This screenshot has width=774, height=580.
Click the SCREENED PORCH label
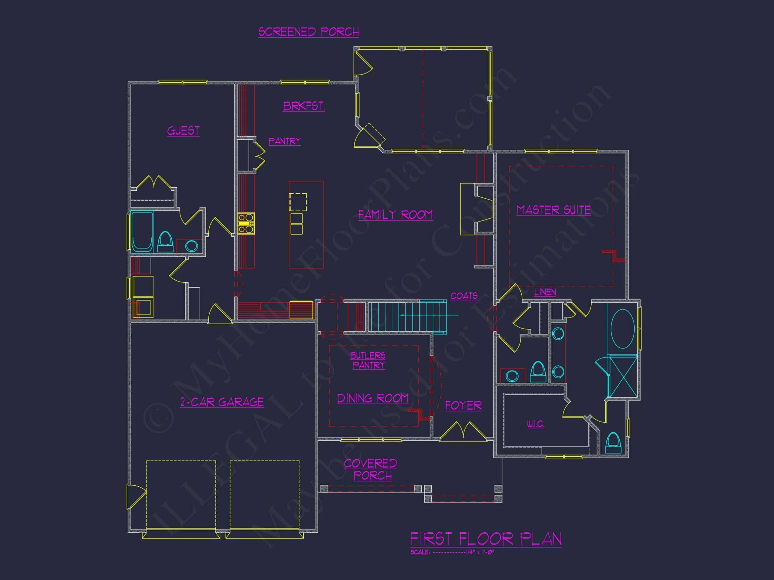click(309, 32)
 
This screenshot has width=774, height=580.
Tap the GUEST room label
click(183, 131)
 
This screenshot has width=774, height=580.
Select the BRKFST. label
click(304, 106)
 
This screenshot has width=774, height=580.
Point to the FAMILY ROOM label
click(395, 214)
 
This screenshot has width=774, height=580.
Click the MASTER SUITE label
click(554, 210)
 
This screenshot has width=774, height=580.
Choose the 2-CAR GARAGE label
click(222, 402)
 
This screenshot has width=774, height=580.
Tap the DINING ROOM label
click(373, 398)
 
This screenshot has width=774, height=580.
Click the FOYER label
click(463, 405)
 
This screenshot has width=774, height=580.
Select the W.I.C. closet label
click(535, 424)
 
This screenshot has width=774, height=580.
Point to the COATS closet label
click(464, 296)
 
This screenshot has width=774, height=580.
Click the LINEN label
click(545, 292)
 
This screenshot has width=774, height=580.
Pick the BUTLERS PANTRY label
click(368, 360)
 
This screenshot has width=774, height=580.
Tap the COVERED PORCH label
click(371, 470)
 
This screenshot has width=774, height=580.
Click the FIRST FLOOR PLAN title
click(486, 539)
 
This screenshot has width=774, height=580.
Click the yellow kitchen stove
click(246, 223)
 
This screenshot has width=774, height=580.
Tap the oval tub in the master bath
click(622, 329)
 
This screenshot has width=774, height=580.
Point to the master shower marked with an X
click(623, 376)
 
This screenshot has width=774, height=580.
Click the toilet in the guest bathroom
click(165, 242)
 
